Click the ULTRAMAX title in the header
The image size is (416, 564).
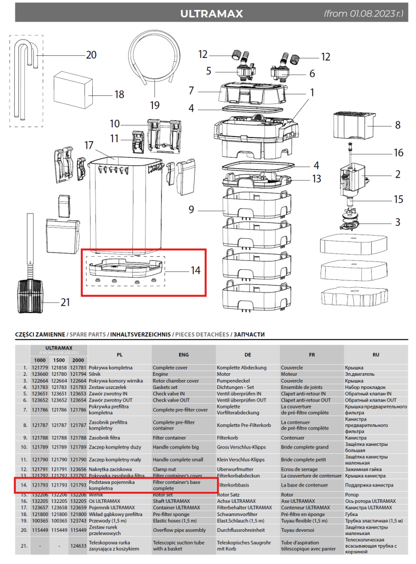[x=211, y=14]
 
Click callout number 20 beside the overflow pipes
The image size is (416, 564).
[x=91, y=55]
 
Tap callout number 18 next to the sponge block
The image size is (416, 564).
[x=119, y=95]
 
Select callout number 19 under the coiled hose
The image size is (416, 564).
[x=154, y=105]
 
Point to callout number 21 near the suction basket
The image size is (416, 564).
[x=66, y=303]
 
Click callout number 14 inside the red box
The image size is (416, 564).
[x=196, y=271]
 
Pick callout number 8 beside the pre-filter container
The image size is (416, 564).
[x=397, y=125]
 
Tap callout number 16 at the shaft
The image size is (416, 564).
[x=399, y=153]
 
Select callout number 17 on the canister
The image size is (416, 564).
[x=89, y=145]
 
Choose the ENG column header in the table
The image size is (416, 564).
[x=184, y=355]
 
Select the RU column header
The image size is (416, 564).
[x=375, y=355]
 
